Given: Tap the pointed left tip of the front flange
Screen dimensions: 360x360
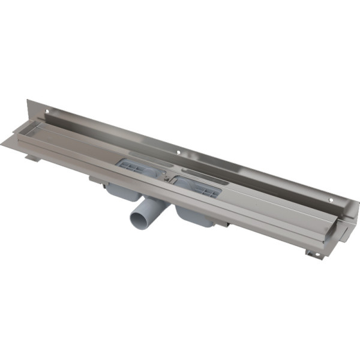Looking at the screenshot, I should [x=3, y=143].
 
